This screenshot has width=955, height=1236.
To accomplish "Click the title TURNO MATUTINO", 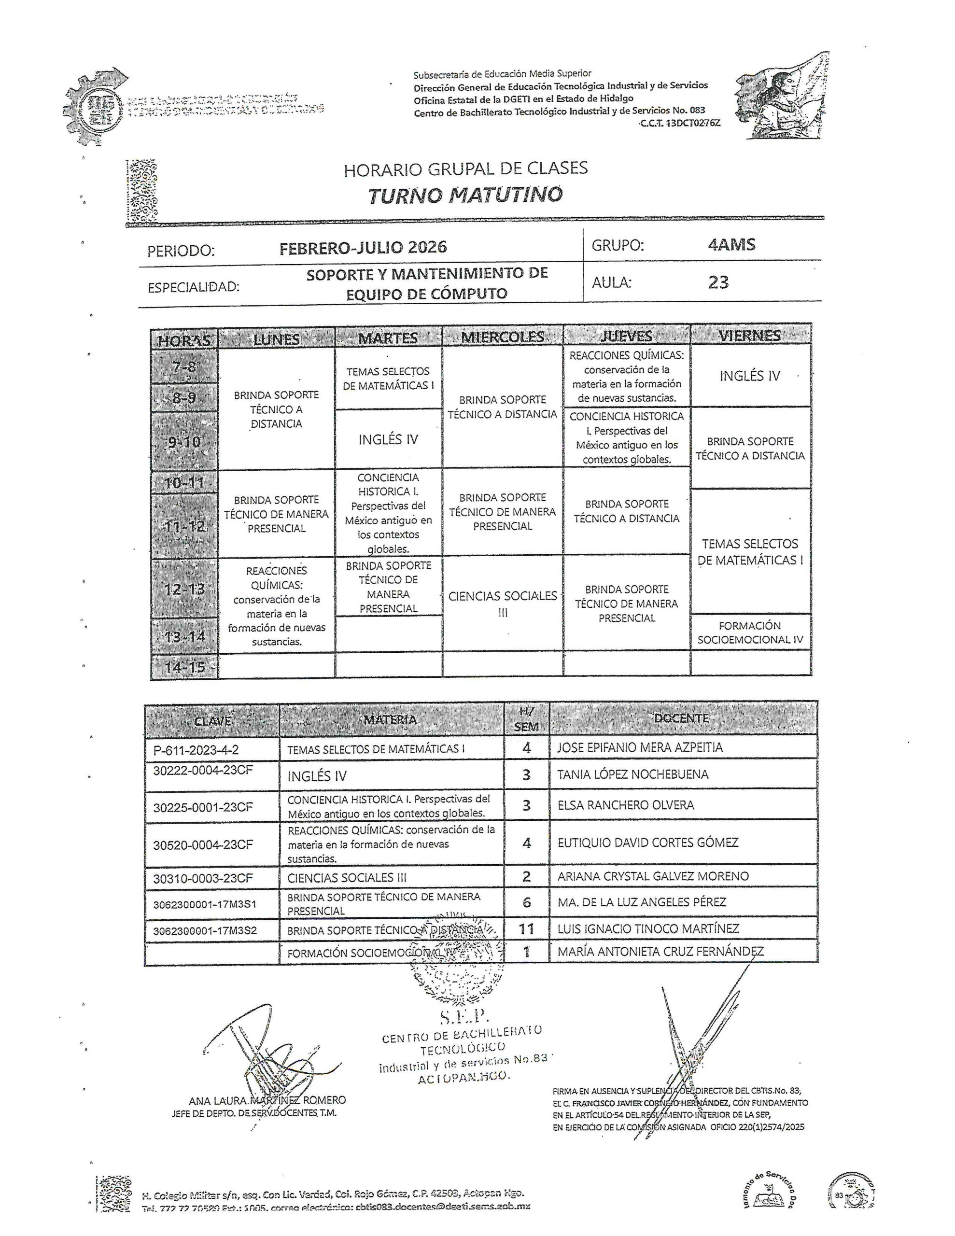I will [465, 195].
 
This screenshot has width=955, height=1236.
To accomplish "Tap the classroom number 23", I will [718, 282].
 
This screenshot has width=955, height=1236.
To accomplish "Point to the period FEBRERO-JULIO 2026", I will [363, 247].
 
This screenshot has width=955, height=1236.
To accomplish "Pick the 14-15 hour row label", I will [184, 667].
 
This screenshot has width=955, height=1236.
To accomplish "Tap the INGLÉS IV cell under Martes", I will [388, 440].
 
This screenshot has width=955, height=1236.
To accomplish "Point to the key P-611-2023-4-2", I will [196, 750].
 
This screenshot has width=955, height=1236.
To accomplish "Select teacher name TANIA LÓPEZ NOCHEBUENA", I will [632, 774].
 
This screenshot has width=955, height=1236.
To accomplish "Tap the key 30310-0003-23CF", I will [203, 878].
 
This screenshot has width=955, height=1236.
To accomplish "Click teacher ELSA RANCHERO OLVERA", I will [626, 805].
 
